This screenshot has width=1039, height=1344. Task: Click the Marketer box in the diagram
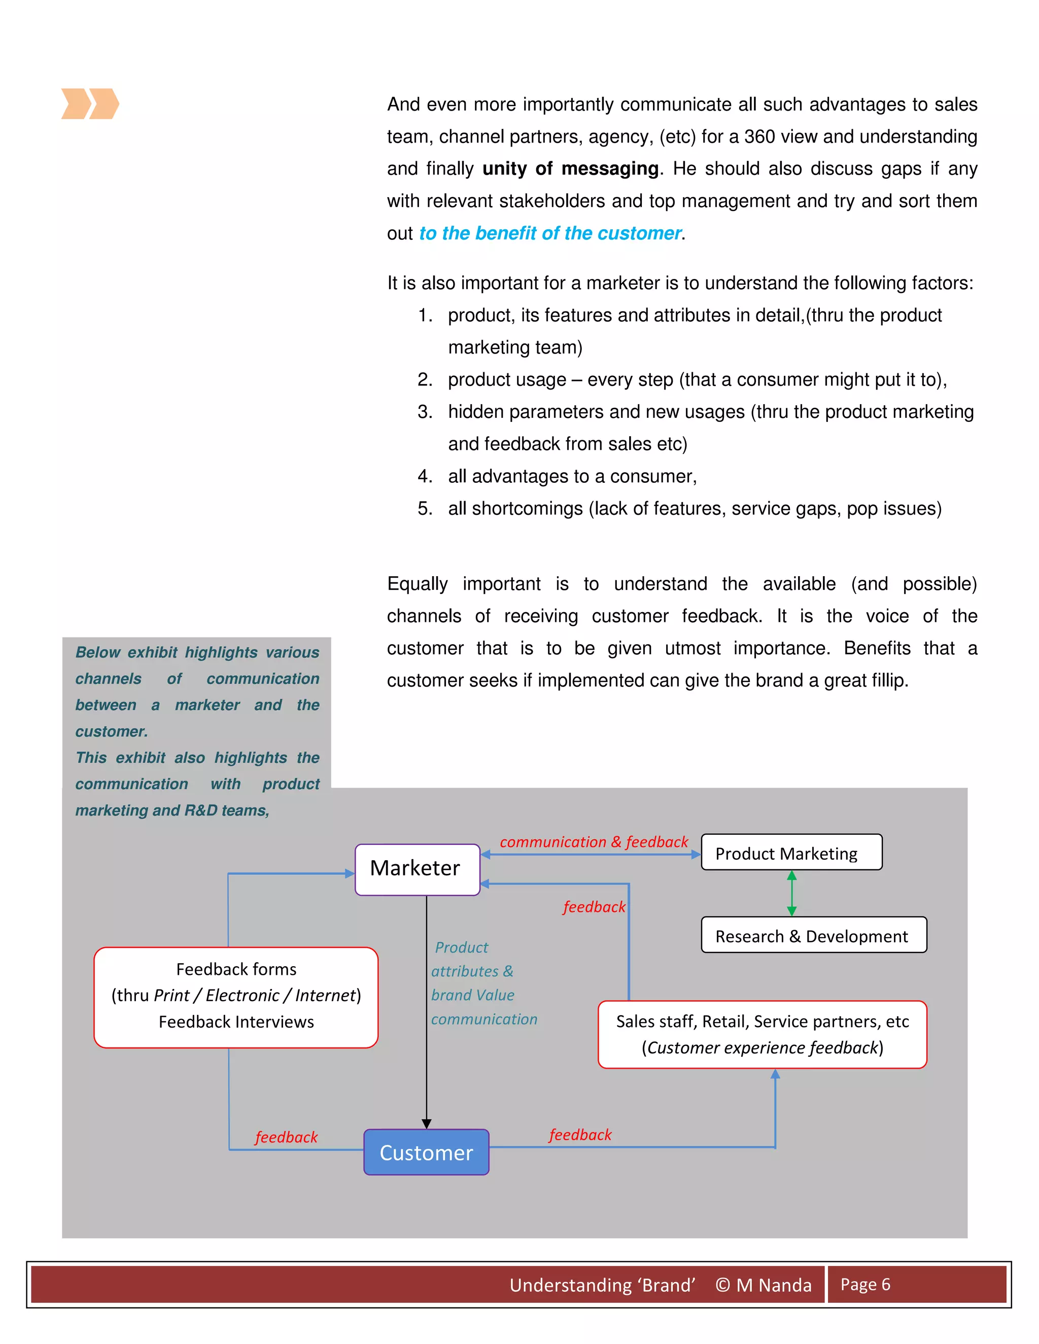[x=417, y=869]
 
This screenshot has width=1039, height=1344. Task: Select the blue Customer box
[x=426, y=1152]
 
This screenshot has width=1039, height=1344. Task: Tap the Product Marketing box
[x=791, y=853]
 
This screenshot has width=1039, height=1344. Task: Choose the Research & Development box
[x=813, y=935]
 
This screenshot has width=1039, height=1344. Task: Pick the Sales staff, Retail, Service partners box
[x=762, y=1034]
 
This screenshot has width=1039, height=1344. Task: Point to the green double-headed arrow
[x=791, y=893]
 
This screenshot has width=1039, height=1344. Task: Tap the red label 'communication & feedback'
[x=594, y=842]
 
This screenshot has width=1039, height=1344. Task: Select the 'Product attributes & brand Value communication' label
[x=474, y=983]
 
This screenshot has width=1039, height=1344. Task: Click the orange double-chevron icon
[x=90, y=103]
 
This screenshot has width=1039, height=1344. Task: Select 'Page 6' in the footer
[x=865, y=1284]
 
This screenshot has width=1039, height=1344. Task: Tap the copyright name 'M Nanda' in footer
[x=774, y=1285]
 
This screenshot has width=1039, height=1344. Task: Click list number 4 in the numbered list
[x=425, y=476]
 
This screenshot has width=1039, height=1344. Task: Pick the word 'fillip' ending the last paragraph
[x=887, y=681]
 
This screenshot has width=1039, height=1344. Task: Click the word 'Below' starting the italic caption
[x=97, y=652]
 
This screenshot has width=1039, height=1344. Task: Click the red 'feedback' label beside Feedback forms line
[x=286, y=1137]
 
